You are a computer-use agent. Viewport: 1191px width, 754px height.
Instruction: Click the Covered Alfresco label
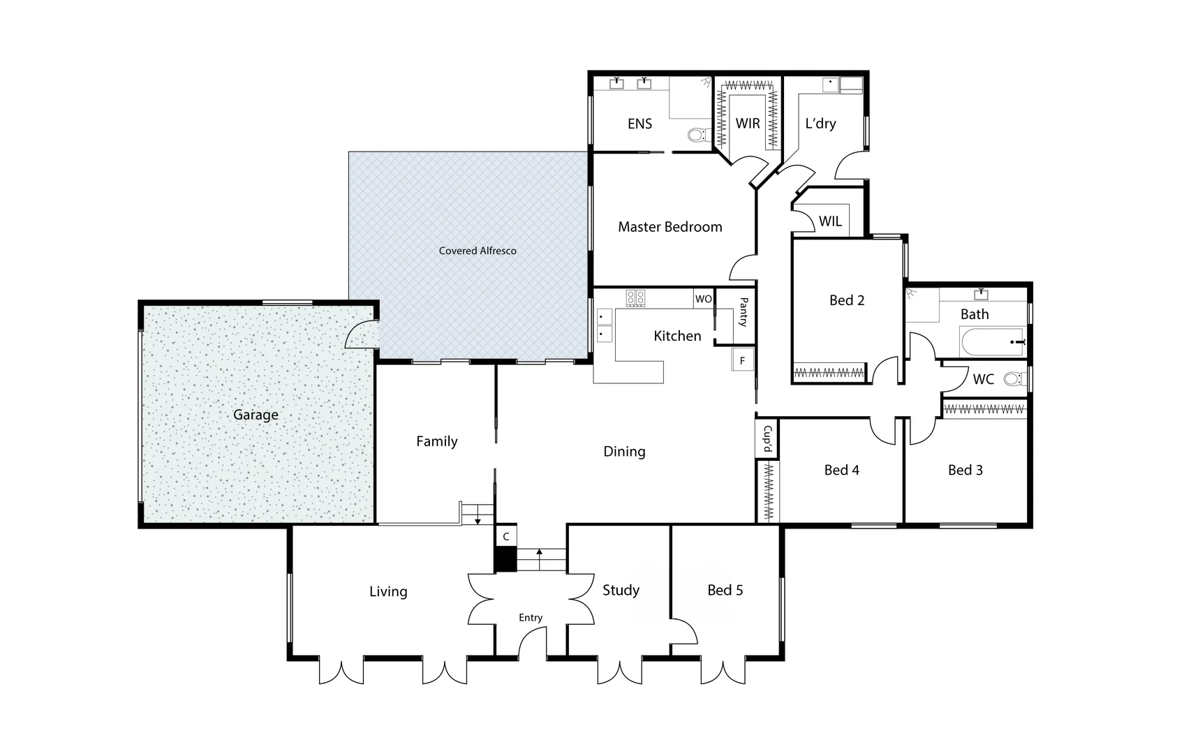tap(478, 251)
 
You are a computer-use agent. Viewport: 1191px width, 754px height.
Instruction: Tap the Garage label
tap(256, 415)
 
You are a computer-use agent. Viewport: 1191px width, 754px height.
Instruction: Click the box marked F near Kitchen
tap(742, 360)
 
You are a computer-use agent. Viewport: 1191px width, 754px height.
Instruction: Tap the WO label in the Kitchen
tap(703, 299)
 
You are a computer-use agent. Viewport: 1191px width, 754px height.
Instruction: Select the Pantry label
tap(743, 312)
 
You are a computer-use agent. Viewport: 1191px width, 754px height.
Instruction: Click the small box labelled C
tap(506, 536)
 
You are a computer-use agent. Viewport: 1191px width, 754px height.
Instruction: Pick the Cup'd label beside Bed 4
tap(767, 438)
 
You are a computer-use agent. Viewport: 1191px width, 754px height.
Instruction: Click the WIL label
tap(830, 221)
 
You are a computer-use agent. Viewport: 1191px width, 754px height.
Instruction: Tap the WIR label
tap(748, 124)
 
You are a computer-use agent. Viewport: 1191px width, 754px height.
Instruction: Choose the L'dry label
tap(820, 124)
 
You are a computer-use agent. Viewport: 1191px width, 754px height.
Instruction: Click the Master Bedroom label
tap(670, 227)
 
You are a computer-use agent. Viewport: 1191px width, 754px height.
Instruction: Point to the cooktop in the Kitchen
tap(635, 298)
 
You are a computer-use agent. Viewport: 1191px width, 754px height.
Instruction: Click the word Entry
tap(530, 617)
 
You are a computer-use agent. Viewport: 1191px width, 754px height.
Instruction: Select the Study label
tap(621, 590)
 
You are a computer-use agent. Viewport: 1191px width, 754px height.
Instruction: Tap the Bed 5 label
tap(725, 590)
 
